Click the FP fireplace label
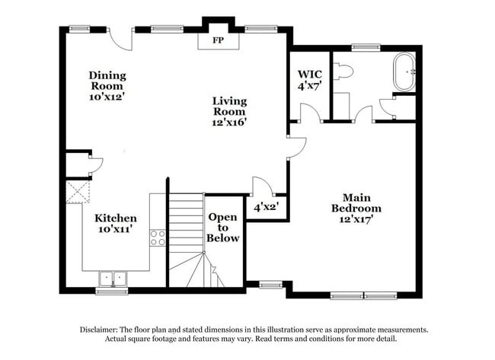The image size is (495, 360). (x=218, y=40)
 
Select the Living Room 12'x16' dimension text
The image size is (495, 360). (x=229, y=122)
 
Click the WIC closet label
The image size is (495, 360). (x=310, y=74)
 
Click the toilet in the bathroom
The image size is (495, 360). (x=343, y=71)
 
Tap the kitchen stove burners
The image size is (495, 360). (x=158, y=238)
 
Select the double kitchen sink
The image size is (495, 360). (x=113, y=279)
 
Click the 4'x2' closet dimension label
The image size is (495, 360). (x=266, y=207)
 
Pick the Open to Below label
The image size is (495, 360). (x=223, y=228)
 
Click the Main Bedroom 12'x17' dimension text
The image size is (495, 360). (x=356, y=218)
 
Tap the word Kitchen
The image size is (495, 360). (x=116, y=218)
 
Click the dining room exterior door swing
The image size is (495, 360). (x=120, y=39)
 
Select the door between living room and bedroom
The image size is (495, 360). (x=297, y=148)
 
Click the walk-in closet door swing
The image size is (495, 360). (x=311, y=113)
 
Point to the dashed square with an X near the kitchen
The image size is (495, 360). (x=78, y=192)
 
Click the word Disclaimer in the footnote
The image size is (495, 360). (x=98, y=330)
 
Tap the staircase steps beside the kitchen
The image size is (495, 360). (x=187, y=240)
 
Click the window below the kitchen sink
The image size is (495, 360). (x=112, y=291)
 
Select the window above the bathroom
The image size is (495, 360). (x=366, y=48)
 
